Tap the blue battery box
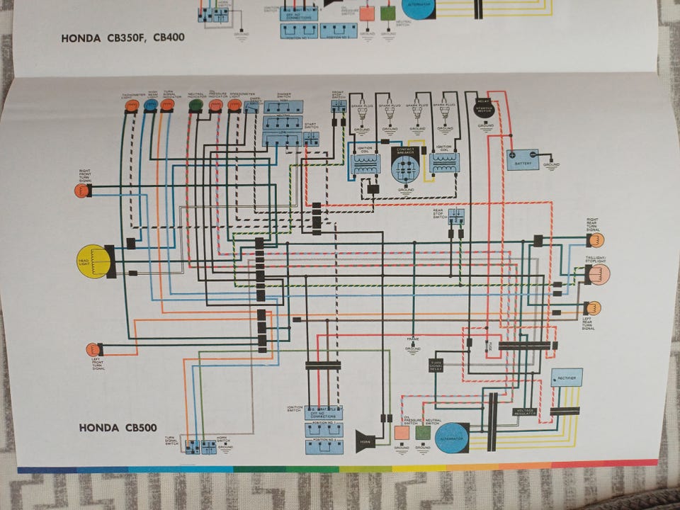522,159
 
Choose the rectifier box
566,378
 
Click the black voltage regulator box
525,412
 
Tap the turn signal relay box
436,365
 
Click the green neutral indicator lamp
195,106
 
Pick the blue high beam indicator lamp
151,106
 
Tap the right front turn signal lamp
83,190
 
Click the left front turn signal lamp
93,349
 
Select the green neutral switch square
423,432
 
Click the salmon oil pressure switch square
402,432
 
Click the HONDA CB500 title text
118,428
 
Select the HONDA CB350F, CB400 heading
123,38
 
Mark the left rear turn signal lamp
592,308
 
